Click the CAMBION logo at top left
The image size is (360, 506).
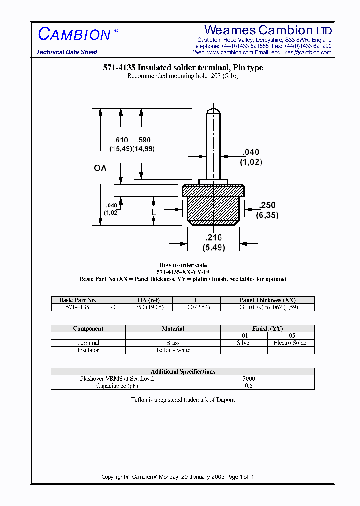point(74,34)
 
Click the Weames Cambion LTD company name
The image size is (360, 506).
point(268,30)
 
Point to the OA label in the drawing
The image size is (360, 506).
point(100,168)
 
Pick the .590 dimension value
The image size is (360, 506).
point(143,140)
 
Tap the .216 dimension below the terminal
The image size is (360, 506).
point(213,238)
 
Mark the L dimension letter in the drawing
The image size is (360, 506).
point(154,212)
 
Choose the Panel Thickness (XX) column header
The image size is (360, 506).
point(267,300)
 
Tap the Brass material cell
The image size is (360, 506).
point(173,343)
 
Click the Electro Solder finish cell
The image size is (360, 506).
point(291,343)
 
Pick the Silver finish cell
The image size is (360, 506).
point(244,343)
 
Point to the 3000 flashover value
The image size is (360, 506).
point(248,379)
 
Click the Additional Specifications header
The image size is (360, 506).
point(183,371)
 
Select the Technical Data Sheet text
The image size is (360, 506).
point(67,52)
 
